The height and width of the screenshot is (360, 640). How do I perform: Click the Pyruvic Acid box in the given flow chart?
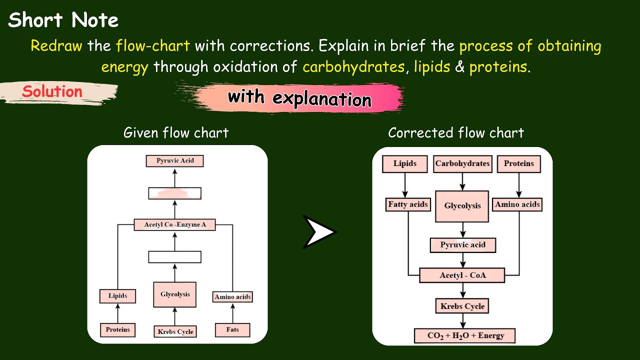(175, 161)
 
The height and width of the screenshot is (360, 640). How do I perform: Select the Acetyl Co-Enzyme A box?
(175, 225)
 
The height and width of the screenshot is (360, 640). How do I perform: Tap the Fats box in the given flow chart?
(232, 330)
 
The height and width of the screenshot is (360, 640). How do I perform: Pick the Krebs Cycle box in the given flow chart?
(175, 331)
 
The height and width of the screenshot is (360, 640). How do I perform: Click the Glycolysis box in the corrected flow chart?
(462, 206)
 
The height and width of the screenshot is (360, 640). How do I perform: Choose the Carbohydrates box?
(462, 163)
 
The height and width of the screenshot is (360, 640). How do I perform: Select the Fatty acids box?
(408, 204)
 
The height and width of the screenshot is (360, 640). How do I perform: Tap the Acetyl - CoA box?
(462, 275)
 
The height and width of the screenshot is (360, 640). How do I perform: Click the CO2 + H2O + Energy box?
(464, 335)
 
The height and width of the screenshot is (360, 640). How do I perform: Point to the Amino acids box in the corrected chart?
(517, 204)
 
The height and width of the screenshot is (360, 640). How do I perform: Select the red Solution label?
(52, 92)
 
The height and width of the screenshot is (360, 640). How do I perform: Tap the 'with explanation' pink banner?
(299, 97)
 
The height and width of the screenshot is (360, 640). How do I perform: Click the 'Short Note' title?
(63, 20)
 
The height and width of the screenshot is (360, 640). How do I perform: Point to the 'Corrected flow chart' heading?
(456, 133)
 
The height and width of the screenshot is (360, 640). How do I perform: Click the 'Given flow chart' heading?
(176, 133)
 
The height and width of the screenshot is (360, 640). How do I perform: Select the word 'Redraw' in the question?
(57, 46)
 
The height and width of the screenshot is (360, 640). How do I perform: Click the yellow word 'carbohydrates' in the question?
(353, 67)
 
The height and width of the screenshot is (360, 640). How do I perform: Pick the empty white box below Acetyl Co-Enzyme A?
(175, 257)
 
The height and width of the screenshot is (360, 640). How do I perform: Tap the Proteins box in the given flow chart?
(117, 330)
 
